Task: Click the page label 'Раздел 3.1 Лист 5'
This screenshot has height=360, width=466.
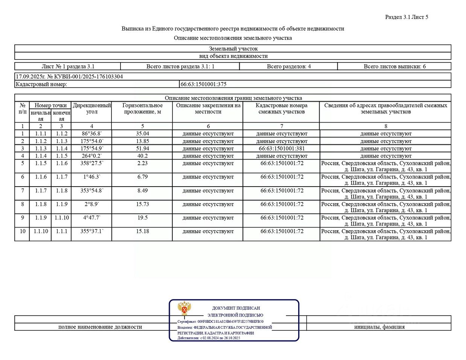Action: [x=407, y=17]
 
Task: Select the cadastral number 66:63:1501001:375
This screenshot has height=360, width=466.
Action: [x=203, y=84]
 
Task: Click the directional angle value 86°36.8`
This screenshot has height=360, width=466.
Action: [x=91, y=134]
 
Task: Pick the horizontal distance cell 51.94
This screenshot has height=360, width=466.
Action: [x=142, y=149]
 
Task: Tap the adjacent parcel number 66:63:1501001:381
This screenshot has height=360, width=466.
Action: [x=282, y=149]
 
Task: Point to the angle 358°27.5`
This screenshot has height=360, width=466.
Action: [x=91, y=163]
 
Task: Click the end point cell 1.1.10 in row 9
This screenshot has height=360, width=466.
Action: [x=62, y=218]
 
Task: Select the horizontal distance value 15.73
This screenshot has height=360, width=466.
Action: [x=142, y=204]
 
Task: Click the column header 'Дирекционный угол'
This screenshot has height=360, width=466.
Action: [x=91, y=109]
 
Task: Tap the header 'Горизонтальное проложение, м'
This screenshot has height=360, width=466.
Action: [x=142, y=109]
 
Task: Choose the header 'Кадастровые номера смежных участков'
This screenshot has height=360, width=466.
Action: [x=282, y=109]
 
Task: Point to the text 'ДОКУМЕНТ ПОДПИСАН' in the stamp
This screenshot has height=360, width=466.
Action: [x=236, y=308]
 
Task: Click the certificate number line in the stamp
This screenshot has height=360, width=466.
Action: [x=221, y=322]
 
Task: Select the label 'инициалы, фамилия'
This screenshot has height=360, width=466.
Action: [x=379, y=327]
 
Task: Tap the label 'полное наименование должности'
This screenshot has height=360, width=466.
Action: [x=100, y=327]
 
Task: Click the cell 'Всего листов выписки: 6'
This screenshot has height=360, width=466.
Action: [x=394, y=67]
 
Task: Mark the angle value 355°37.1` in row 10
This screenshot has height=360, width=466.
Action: [x=91, y=231]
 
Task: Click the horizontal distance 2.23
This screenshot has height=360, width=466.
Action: [x=142, y=163]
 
